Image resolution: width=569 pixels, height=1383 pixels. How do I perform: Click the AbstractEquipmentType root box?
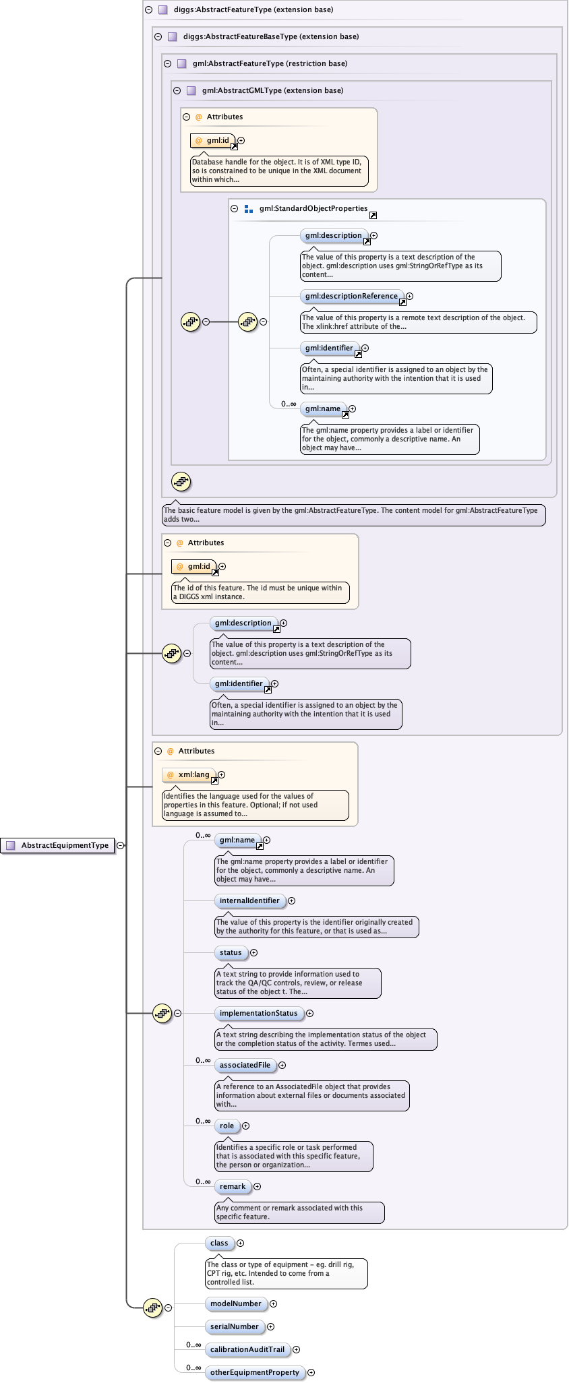(59, 845)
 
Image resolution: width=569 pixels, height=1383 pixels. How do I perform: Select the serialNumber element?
(235, 1326)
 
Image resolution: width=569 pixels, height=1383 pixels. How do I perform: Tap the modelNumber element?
(235, 1303)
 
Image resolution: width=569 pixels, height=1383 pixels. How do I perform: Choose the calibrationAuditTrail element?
(247, 1349)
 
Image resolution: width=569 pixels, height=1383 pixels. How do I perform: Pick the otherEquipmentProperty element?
(254, 1372)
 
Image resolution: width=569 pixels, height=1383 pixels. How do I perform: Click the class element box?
(219, 1243)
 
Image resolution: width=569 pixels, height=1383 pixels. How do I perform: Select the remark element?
(233, 1186)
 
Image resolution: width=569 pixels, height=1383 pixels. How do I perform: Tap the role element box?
(227, 1126)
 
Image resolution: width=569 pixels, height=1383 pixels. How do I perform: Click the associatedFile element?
(245, 1065)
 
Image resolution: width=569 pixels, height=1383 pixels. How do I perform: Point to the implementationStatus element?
(258, 1013)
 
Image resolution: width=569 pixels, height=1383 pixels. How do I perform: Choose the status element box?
(231, 952)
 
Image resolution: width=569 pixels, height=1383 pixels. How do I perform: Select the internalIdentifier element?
(249, 900)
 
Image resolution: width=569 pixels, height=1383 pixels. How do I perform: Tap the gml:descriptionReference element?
(351, 296)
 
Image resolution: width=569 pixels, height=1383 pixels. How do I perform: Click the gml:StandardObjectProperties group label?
(313, 208)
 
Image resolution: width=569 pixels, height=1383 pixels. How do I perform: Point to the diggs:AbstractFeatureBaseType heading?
(271, 36)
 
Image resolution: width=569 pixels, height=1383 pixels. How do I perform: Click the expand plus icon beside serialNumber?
(270, 1326)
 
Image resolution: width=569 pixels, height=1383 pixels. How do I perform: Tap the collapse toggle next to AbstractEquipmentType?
(120, 845)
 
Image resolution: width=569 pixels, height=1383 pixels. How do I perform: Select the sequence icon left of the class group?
(153, 1308)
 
